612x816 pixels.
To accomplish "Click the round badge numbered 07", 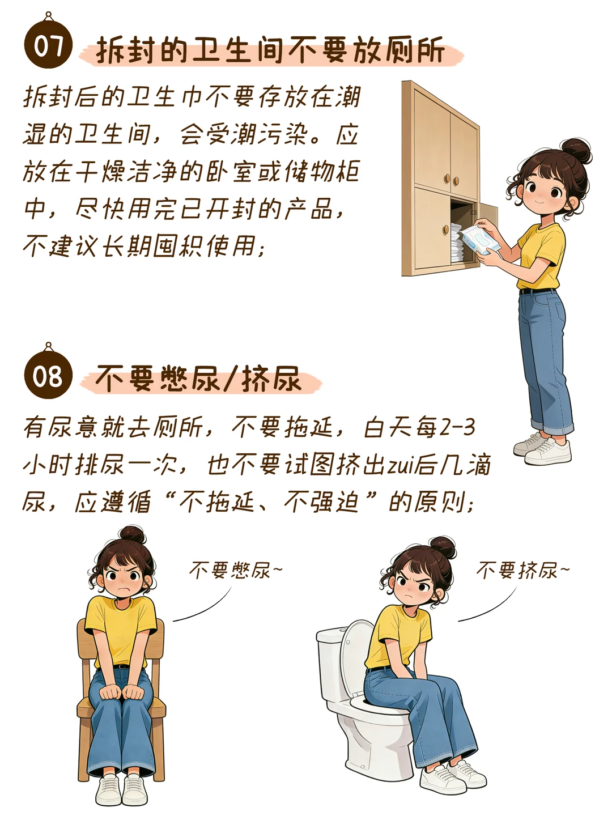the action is [48, 45].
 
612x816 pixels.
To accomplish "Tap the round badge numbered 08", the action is [48, 375].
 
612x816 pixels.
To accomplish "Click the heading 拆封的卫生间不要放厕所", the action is [270, 50].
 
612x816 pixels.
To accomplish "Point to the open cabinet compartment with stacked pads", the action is [463, 231].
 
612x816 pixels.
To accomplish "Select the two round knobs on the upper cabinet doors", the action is [452, 180].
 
